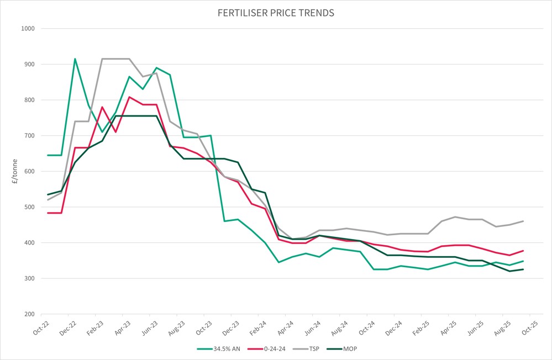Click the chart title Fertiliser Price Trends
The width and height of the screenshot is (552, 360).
click(276, 13)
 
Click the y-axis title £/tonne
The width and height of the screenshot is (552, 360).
click(14, 171)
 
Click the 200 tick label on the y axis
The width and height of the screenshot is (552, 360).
click(29, 314)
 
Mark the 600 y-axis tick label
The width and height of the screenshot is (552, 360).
click(29, 172)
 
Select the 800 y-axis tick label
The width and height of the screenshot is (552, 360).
click(29, 100)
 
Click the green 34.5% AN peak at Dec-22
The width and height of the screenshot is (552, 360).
click(75, 59)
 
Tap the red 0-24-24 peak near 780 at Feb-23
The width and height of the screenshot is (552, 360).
click(102, 107)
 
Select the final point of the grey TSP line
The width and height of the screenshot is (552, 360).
click(523, 221)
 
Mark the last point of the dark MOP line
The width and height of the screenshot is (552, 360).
click(523, 269)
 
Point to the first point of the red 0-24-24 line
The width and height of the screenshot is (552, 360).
click(48, 213)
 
